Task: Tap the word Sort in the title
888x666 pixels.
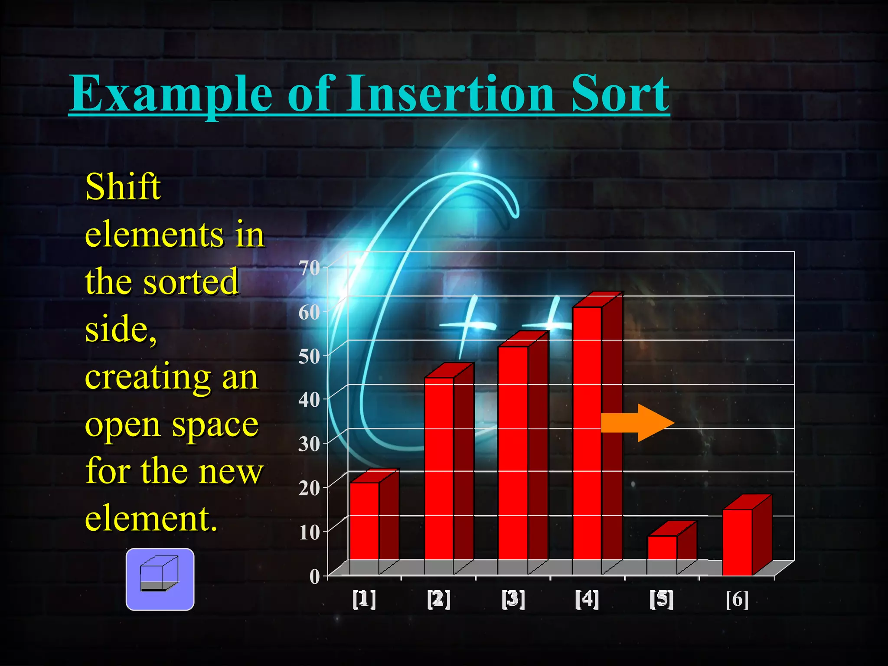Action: point(620,93)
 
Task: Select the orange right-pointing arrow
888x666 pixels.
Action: point(637,423)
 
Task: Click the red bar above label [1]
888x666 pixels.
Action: point(365,520)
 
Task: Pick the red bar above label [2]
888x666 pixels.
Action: point(439,468)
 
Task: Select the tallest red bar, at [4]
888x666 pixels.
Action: point(587,434)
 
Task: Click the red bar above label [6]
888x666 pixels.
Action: point(737,542)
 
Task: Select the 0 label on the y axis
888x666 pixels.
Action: point(314,577)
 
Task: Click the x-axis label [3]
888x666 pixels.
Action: point(513,599)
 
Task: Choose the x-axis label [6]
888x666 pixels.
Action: point(737,599)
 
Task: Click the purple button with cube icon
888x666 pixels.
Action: point(160,579)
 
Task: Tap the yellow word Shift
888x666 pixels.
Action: point(123,187)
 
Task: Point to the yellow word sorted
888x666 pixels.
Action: point(191,282)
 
